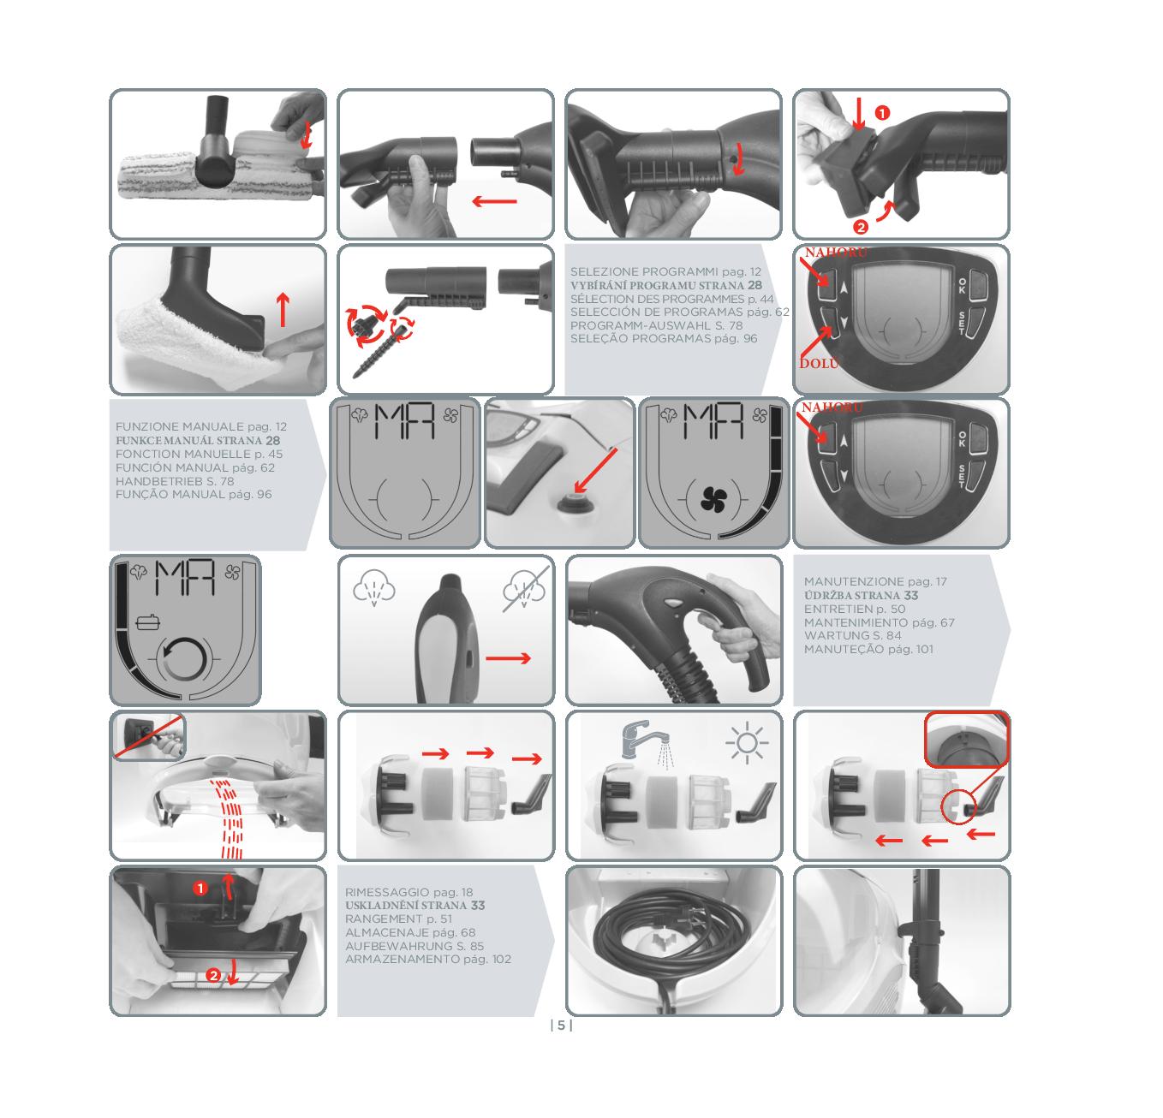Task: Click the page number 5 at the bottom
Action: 561,1026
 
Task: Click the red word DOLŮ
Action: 820,363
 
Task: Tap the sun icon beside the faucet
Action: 747,743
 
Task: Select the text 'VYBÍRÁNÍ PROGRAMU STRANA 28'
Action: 665,286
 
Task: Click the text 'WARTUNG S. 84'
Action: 852,635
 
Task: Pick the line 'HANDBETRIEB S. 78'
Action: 175,481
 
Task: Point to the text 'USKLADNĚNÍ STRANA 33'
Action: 415,906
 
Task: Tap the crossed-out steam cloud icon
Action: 524,589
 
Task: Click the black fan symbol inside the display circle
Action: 713,500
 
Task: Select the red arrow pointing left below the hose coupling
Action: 494,201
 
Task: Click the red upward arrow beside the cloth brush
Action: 283,310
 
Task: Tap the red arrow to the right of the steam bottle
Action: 508,658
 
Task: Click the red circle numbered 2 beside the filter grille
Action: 213,976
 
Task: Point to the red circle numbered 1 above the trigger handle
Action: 882,112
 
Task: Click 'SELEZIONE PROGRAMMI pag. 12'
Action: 665,272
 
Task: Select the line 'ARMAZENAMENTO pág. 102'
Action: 428,959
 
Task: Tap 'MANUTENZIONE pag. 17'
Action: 875,581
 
